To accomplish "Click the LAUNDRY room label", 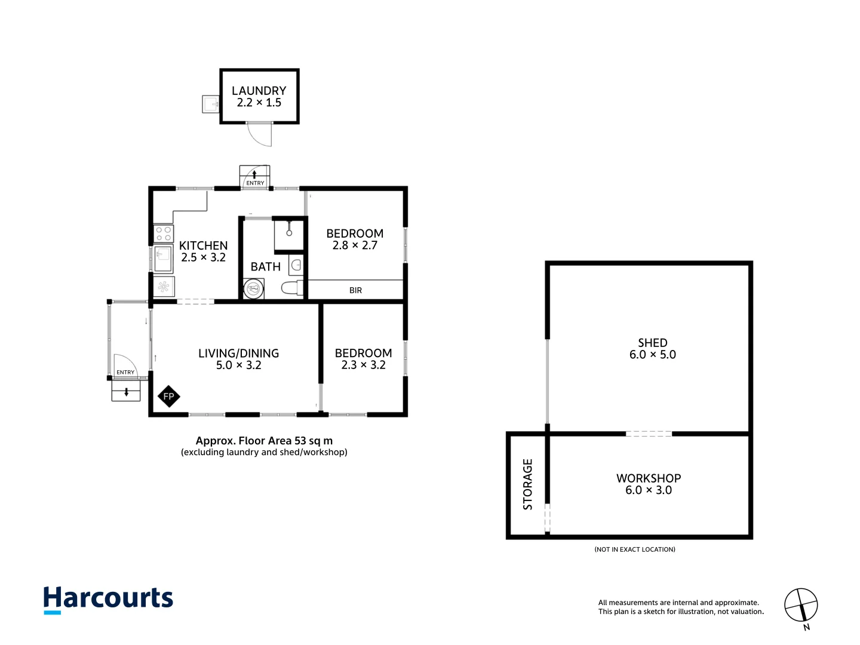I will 259,91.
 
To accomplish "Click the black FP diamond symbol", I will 169,397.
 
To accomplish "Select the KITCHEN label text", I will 203,245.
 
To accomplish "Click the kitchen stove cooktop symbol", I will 164,234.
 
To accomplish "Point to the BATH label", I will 265,267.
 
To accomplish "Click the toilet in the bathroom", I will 291,288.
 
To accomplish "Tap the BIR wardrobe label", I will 355,290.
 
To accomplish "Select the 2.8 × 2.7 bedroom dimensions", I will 355,245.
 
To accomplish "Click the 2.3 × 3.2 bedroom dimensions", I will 363,365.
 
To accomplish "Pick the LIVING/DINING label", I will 238,353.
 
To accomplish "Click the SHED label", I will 652,343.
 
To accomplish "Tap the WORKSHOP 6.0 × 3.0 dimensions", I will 648,490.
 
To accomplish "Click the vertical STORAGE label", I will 527,484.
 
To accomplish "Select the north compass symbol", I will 801,606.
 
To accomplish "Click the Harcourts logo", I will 108,599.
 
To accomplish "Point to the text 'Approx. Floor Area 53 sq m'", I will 264,441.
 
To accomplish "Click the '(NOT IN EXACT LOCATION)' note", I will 635,549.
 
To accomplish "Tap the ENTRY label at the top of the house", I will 255,183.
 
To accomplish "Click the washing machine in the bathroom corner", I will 254,289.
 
